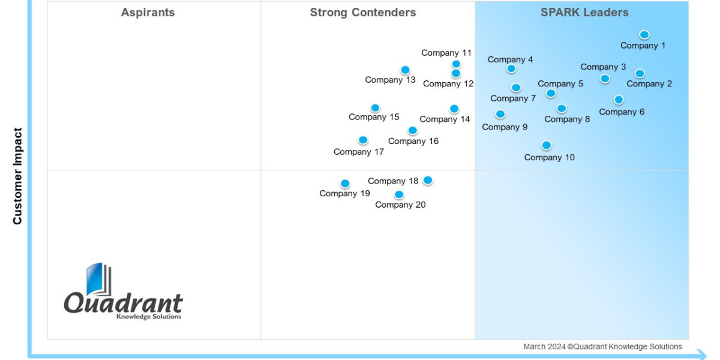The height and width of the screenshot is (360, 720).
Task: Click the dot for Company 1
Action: (644, 35)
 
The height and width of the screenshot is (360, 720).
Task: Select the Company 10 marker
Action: (546, 145)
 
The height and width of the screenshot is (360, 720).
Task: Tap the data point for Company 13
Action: (405, 70)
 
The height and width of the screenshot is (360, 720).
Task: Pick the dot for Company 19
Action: (345, 184)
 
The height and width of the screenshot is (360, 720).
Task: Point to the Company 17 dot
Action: (363, 140)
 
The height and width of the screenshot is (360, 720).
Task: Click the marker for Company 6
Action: (619, 100)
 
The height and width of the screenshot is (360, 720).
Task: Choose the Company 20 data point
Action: (399, 194)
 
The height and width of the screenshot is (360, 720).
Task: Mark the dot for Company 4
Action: (511, 68)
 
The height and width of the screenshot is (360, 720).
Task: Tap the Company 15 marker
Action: (375, 108)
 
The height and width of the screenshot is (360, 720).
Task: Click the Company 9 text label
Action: (505, 127)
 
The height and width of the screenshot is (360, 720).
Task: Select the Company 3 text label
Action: (603, 67)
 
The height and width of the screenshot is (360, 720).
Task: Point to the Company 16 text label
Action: (413, 142)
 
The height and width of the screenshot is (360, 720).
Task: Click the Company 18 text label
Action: (393, 181)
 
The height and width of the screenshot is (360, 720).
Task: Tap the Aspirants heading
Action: (148, 13)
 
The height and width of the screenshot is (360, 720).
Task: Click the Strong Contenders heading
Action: (362, 13)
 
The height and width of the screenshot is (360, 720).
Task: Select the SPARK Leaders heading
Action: (584, 13)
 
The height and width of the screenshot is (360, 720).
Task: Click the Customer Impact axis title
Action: (17, 176)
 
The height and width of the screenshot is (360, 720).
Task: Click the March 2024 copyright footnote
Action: (602, 347)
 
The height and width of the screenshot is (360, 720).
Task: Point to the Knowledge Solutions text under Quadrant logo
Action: (148, 317)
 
